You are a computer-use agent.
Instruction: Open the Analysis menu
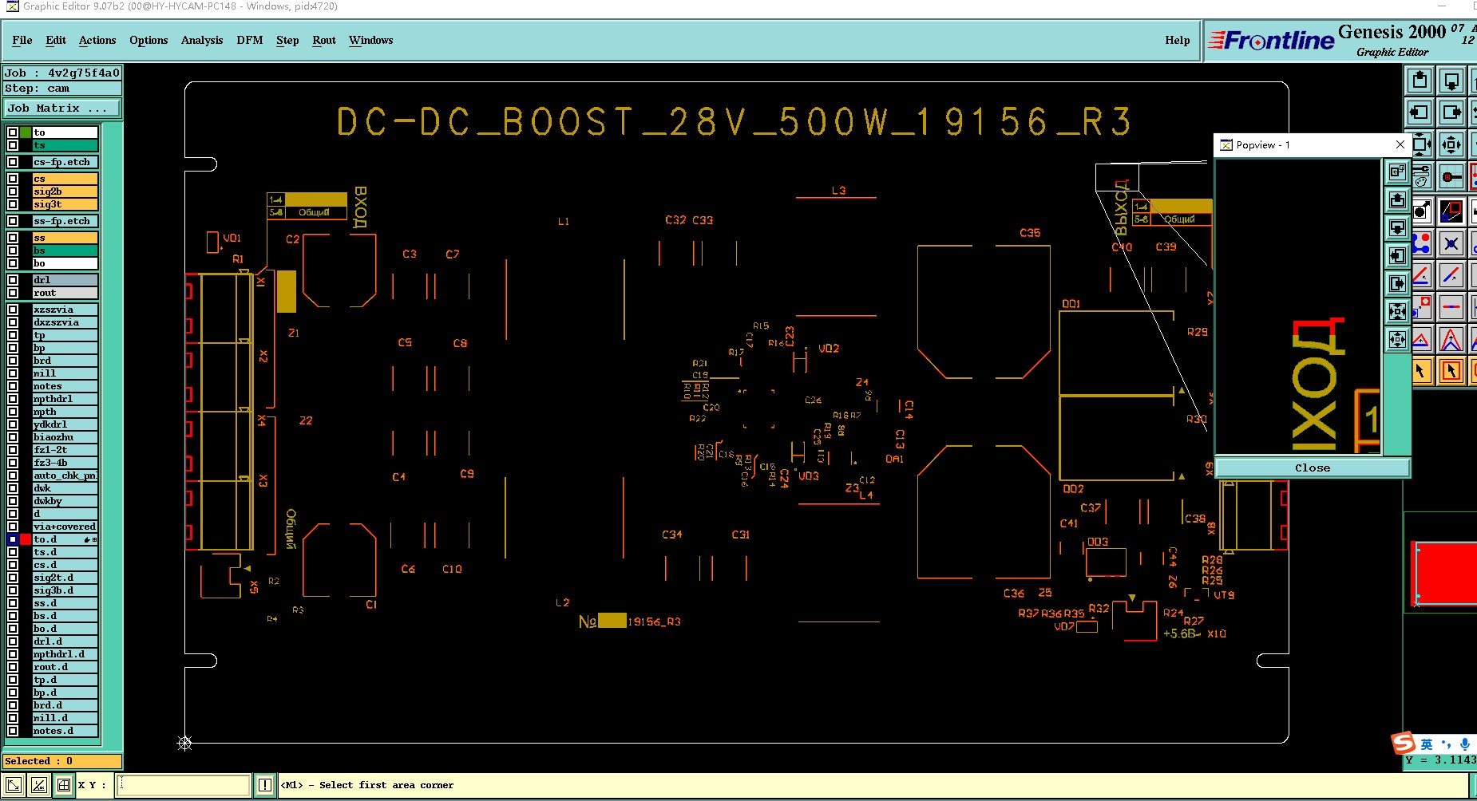(x=201, y=40)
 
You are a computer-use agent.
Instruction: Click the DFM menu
(x=249, y=40)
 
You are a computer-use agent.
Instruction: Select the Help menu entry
(x=1177, y=40)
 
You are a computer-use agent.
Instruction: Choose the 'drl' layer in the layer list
(x=65, y=280)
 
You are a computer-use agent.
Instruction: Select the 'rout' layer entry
(x=65, y=293)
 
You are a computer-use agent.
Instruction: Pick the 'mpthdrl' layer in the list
(x=65, y=399)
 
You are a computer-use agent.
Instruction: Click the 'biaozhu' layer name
(x=65, y=437)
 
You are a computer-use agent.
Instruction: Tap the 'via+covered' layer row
(x=65, y=527)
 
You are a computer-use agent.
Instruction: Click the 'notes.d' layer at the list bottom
(x=65, y=731)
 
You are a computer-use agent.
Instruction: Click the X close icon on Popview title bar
(x=1400, y=144)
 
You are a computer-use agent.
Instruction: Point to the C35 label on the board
(x=1030, y=233)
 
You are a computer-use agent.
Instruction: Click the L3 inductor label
(x=838, y=191)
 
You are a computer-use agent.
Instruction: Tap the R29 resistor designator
(x=1197, y=332)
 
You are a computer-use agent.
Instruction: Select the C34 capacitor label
(x=671, y=535)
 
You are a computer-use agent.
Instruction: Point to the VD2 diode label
(x=829, y=349)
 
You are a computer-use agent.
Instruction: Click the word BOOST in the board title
(x=567, y=122)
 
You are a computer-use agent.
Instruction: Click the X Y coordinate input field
(x=184, y=785)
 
